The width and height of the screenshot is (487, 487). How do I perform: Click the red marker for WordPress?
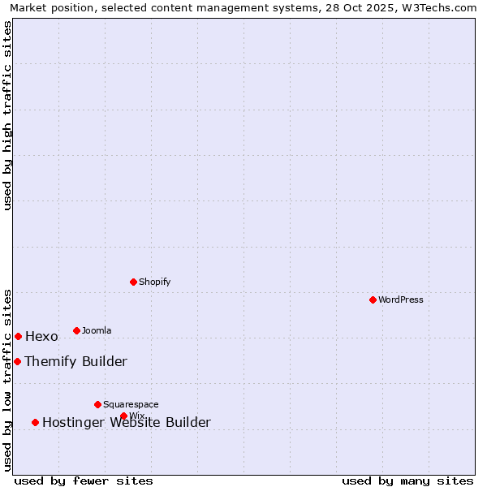(373, 300)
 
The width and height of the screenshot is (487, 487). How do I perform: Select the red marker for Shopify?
(133, 282)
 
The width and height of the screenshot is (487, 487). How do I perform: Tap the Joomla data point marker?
(76, 330)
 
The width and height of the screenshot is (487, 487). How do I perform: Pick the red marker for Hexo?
(18, 336)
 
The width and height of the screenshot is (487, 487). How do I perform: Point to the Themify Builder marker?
(17, 361)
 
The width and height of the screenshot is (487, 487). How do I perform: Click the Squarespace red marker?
(97, 404)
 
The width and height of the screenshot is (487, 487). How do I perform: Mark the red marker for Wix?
(123, 416)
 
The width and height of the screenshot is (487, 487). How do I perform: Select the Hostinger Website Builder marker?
(35, 422)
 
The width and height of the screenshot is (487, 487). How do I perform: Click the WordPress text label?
(401, 300)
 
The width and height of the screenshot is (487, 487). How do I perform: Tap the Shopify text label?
(154, 282)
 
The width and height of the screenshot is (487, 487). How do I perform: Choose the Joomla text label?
(97, 331)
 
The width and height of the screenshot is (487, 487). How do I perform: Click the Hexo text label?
(41, 337)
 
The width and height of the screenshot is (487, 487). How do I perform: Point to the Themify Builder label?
(75, 362)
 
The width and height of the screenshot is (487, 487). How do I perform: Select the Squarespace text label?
(131, 405)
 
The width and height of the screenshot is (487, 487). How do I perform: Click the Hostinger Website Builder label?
(126, 423)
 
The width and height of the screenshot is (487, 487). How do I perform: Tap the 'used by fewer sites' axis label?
(84, 481)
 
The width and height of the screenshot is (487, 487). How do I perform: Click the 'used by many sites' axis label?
(407, 481)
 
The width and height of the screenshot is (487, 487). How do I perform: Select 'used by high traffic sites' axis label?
(7, 115)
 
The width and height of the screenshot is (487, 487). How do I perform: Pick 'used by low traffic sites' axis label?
(7, 380)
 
